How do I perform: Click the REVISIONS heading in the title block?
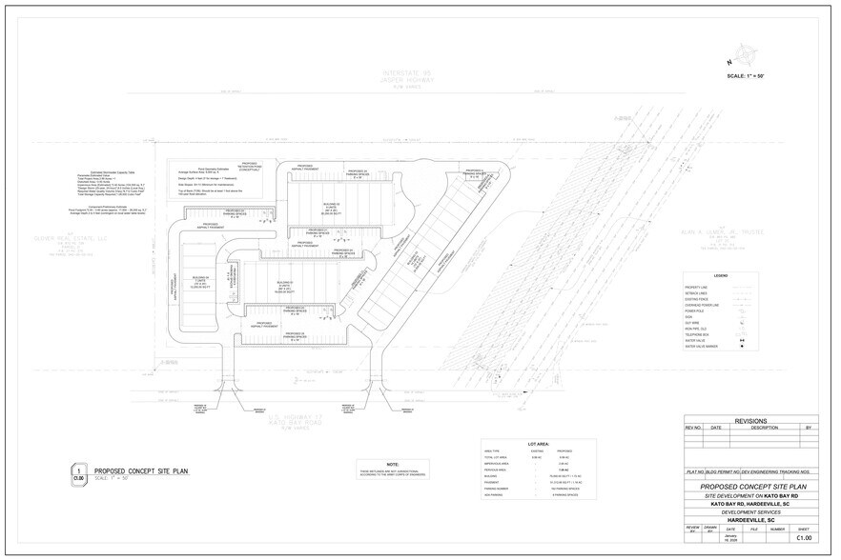(x=751, y=420)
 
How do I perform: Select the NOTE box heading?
(x=392, y=464)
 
